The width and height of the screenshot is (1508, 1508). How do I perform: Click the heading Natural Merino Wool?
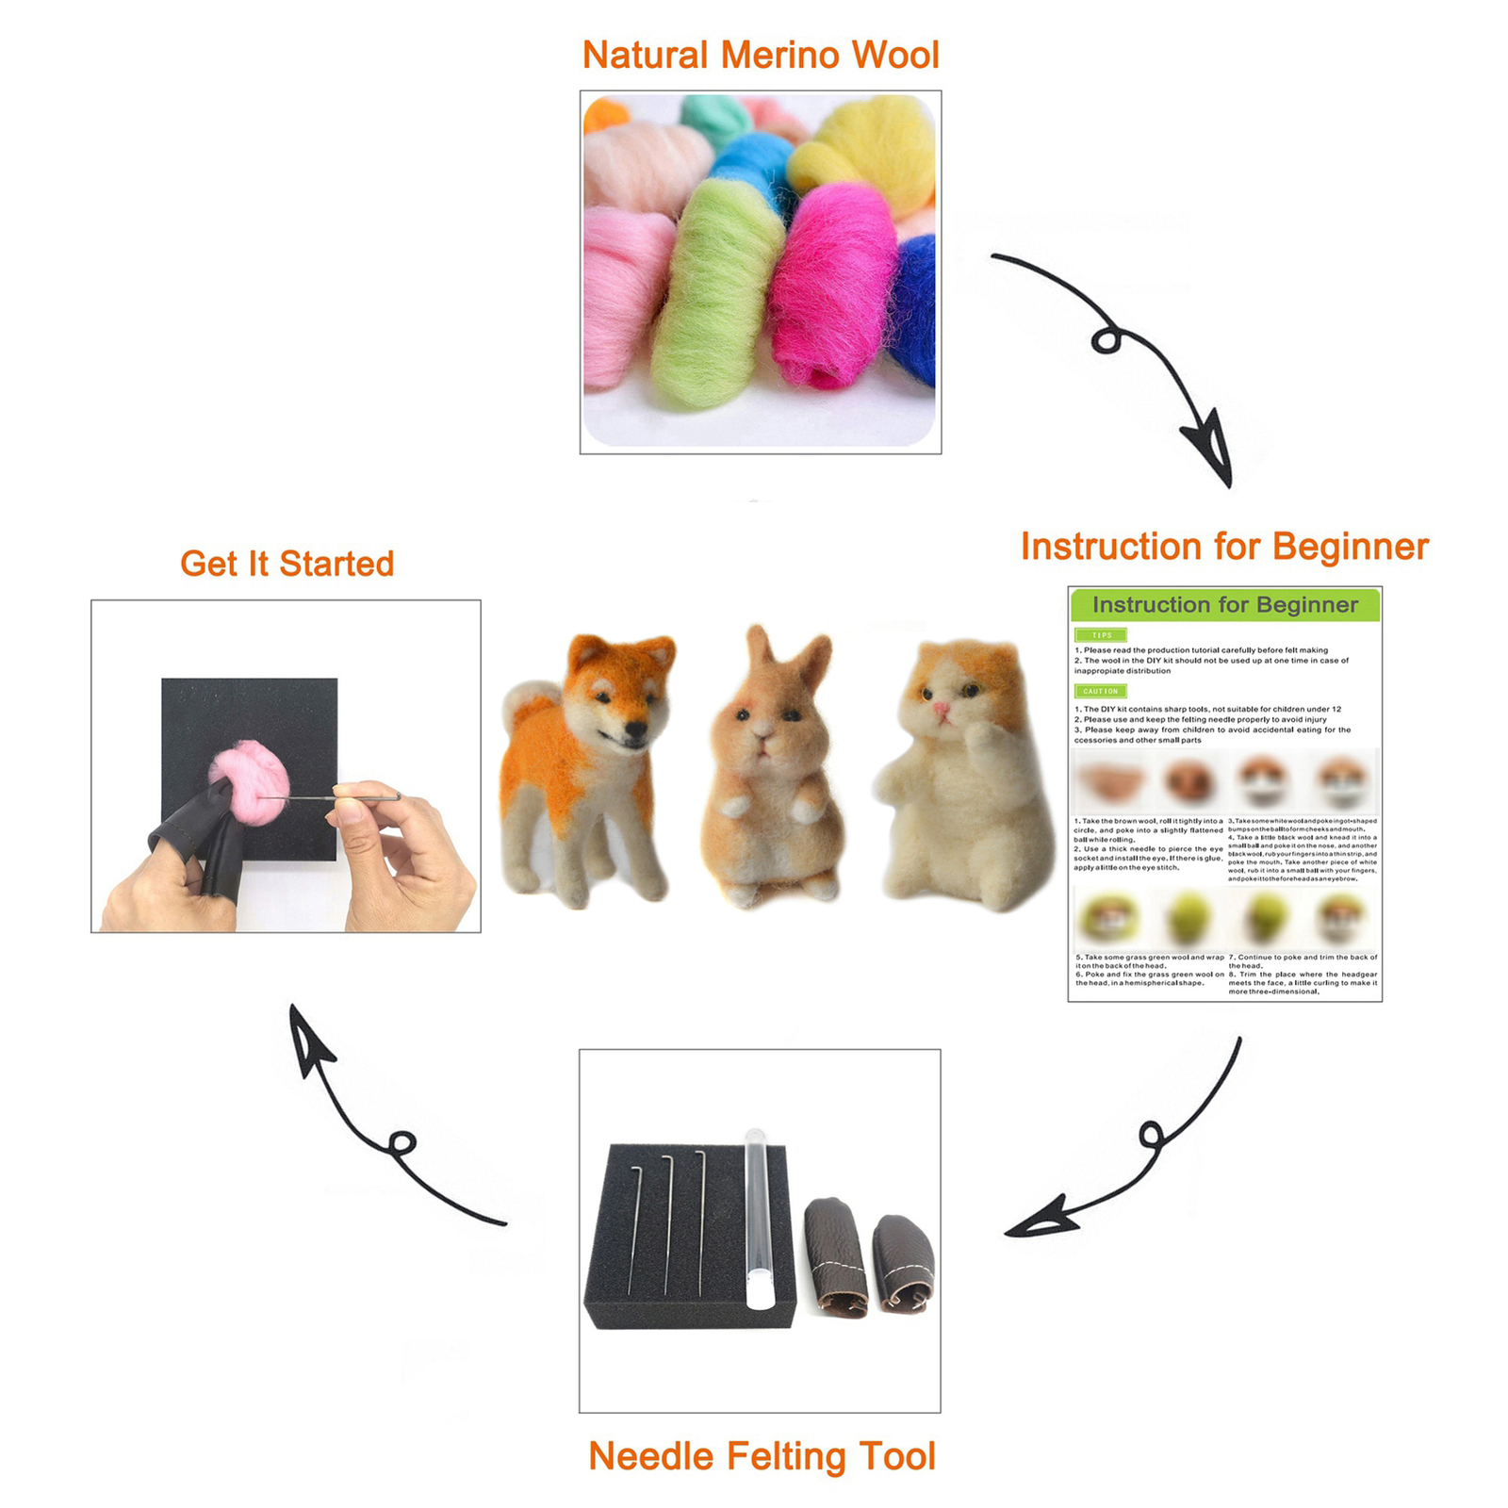pyautogui.click(x=761, y=55)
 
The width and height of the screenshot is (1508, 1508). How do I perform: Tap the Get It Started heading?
pyautogui.click(x=287, y=564)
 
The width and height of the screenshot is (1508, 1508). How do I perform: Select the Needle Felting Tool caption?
pyautogui.click(x=762, y=1456)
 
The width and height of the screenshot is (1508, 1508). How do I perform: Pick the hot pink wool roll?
pyautogui.click(x=829, y=283)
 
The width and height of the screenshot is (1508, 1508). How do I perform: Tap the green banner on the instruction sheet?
pyautogui.click(x=1224, y=605)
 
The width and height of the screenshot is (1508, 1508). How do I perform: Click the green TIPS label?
pyautogui.click(x=1101, y=635)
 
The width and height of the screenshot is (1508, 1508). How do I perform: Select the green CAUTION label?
pyautogui.click(x=1100, y=691)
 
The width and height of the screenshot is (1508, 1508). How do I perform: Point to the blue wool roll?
pyautogui.click(x=912, y=311)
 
